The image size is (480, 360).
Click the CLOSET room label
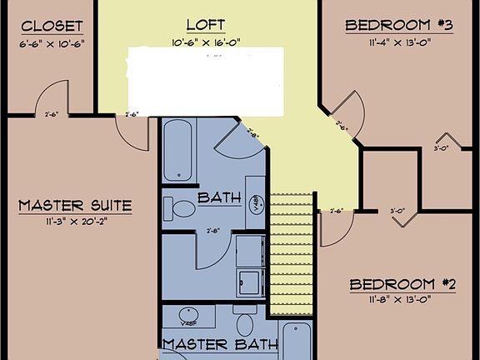[52, 25]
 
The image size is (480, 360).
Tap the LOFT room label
[205, 25]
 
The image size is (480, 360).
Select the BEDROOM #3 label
[398, 25]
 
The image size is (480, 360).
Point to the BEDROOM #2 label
[402, 284]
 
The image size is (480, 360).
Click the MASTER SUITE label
[75, 205]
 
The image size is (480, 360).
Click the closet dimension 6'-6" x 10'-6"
[52, 42]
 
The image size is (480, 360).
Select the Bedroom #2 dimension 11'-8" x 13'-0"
[402, 300]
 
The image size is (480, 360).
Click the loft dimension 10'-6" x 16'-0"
[205, 42]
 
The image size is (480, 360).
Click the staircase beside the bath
[291, 253]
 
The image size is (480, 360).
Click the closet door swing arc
[52, 98]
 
